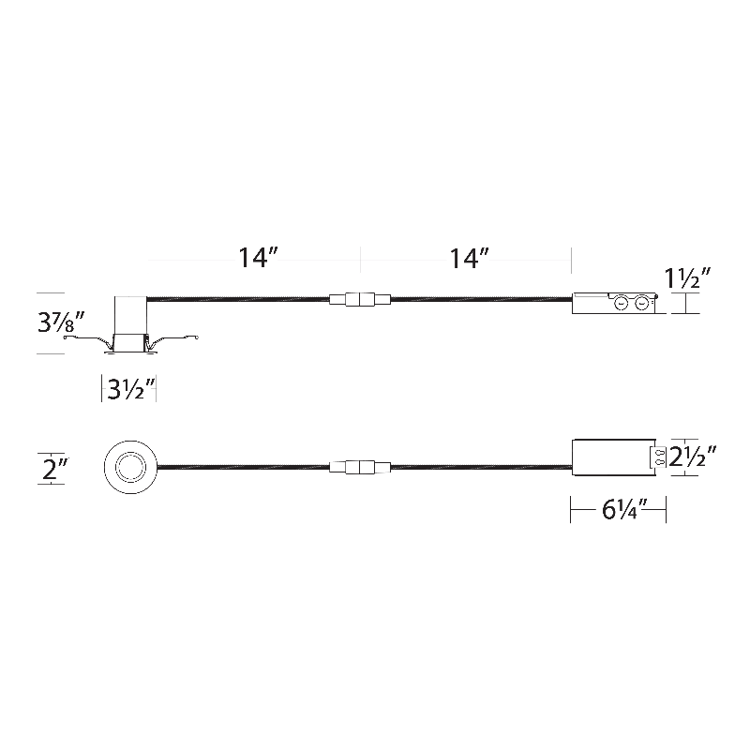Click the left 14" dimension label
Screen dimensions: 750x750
click(x=258, y=258)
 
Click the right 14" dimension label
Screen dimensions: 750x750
click(x=469, y=258)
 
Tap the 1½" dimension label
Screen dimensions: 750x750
click(x=687, y=277)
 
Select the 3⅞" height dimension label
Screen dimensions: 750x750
click(x=61, y=322)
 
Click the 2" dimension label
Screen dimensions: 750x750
click(x=55, y=468)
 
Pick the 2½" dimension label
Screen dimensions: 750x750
click(x=692, y=457)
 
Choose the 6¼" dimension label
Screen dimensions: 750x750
click(x=624, y=509)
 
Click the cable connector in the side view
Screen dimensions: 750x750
click(x=360, y=300)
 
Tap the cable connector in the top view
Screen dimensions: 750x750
click(x=360, y=467)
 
